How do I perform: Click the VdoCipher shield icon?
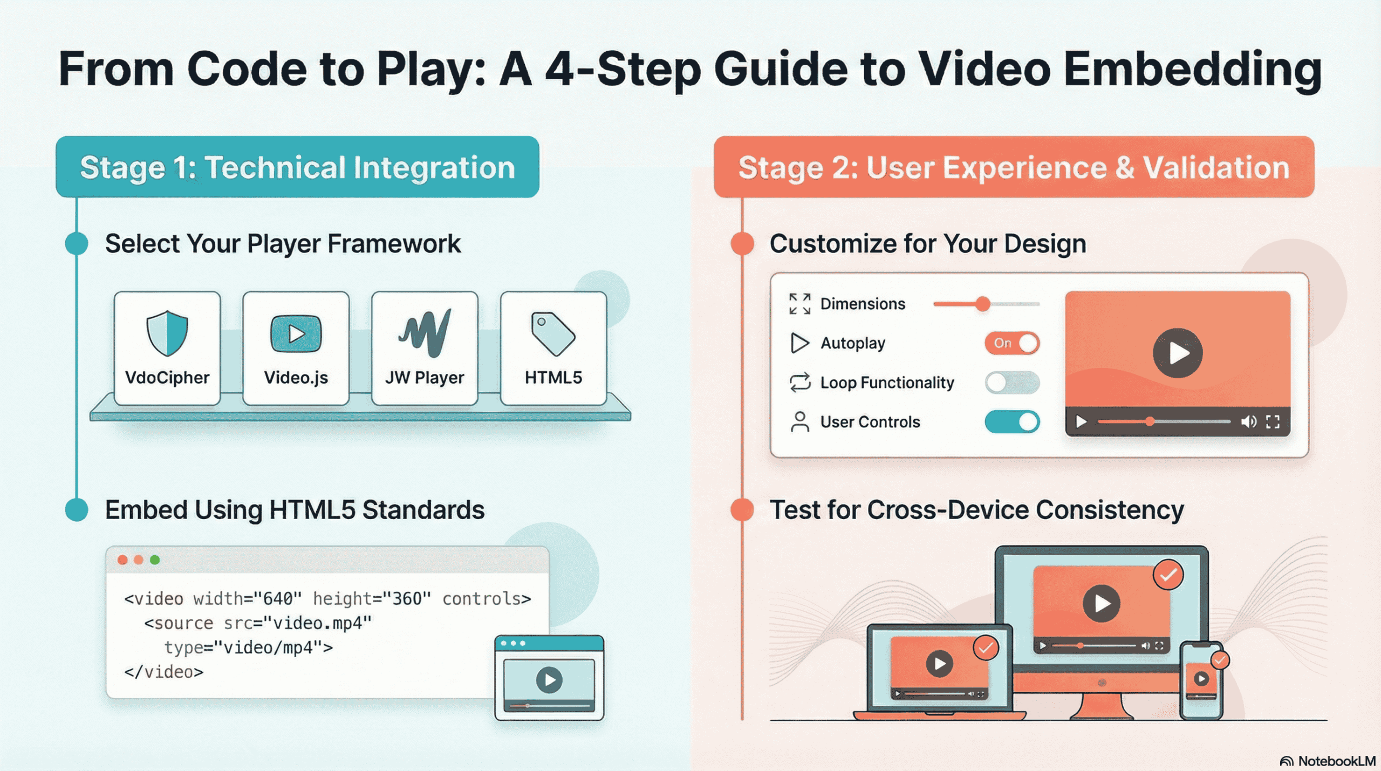click(x=167, y=333)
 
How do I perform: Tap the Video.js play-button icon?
click(x=296, y=334)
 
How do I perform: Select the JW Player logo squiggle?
click(x=425, y=333)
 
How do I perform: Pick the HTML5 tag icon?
click(x=553, y=334)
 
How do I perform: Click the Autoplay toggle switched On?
click(x=1012, y=343)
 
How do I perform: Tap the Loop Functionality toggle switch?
click(x=1012, y=383)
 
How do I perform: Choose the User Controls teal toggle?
click(x=1012, y=422)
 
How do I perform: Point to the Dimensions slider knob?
click(x=983, y=304)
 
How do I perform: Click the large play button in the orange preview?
click(x=1178, y=353)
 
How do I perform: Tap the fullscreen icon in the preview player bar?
click(x=1273, y=422)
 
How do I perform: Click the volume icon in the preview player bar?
click(x=1248, y=422)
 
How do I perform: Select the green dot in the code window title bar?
click(x=155, y=560)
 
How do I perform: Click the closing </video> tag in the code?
click(x=164, y=672)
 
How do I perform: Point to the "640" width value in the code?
click(x=277, y=599)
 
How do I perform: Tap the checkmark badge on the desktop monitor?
click(x=1168, y=576)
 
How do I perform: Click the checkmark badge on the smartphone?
click(x=1220, y=660)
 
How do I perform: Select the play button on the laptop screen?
click(x=939, y=664)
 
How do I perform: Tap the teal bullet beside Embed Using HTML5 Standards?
click(x=77, y=510)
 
